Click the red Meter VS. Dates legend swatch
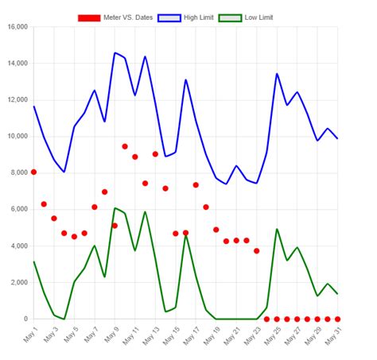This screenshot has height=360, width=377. point(89,17)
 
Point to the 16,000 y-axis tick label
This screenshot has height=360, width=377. point(17,27)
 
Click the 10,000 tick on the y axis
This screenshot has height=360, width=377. point(17,137)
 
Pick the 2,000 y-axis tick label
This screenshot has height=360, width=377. point(18,283)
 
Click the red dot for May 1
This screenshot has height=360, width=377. point(33,172)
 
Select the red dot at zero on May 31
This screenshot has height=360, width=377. point(337,319)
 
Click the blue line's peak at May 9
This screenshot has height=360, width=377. point(115,53)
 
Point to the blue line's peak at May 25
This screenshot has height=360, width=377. point(277,74)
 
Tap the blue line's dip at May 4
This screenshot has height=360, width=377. point(64,172)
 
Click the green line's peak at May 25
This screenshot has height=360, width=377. point(277,229)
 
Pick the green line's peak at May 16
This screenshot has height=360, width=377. point(186,234)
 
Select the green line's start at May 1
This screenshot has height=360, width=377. point(33,261)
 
